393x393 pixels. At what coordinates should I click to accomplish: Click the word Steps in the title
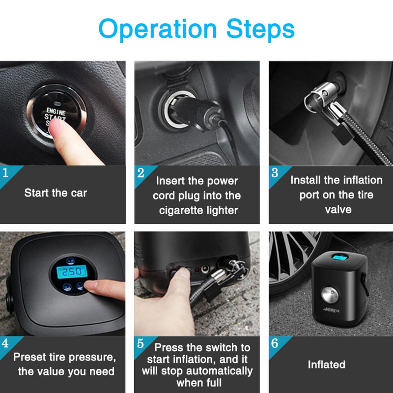coord(260,28)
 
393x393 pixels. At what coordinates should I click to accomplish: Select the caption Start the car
coord(56,193)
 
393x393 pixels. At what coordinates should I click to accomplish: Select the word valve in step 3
coord(338,210)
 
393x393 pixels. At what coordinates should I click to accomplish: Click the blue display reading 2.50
coord(72,272)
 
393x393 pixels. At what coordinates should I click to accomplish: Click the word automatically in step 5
coord(219,371)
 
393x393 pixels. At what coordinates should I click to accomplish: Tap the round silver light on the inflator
coord(330,294)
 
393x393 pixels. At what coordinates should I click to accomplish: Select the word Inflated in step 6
coord(327,365)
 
